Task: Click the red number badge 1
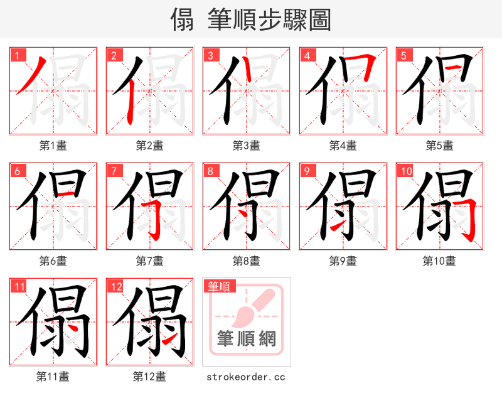18,55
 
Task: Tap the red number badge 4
307,55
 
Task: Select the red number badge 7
114,171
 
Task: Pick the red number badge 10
406,171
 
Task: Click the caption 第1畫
53,146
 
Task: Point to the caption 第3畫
246,146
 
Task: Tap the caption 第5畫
439,146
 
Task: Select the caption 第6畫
53,261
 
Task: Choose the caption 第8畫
246,261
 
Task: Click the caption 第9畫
343,261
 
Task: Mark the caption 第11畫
53,377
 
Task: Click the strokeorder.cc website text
246,377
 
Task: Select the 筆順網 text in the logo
247,339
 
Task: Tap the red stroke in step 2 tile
128,100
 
